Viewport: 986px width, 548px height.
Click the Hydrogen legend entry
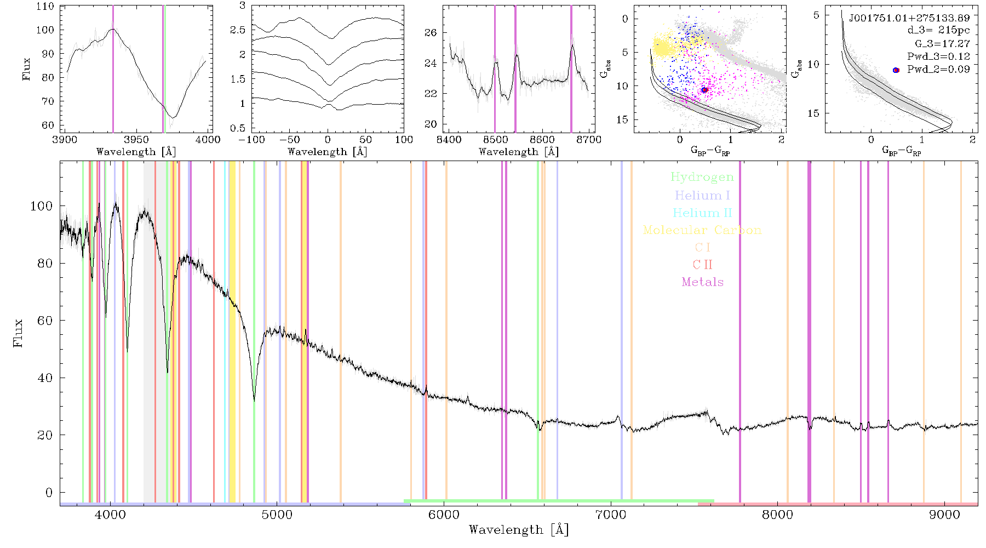[x=702, y=177]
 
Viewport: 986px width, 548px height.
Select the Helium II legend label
[x=702, y=213]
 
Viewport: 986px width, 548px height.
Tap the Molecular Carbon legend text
[x=702, y=230]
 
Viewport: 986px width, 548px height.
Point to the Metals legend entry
[x=702, y=282]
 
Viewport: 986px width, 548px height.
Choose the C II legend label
[x=702, y=265]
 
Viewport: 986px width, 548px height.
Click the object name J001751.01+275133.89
[x=909, y=18]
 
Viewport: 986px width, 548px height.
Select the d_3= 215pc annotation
[x=938, y=30]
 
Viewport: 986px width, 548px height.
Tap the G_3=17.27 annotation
[x=942, y=43]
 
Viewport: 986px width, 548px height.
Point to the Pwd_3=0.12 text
[x=938, y=56]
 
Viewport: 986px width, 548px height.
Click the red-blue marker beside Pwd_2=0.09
[x=896, y=70]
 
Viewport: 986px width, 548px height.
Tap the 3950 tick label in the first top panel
[x=136, y=140]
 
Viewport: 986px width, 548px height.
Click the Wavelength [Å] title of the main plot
[x=519, y=530]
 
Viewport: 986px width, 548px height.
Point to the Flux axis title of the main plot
[x=19, y=333]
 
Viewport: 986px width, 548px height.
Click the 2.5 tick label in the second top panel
[x=238, y=30]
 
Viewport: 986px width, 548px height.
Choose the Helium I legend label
[x=702, y=195]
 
